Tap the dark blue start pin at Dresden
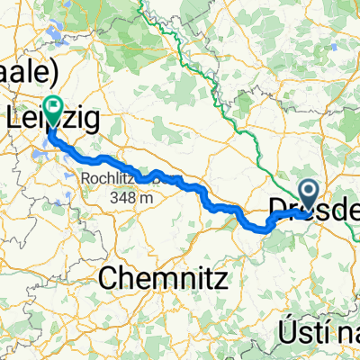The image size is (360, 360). point(307,192)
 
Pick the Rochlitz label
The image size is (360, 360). point(109,177)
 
